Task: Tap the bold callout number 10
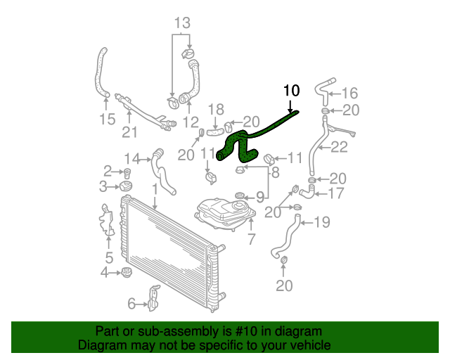point(291,90)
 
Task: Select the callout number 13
point(182,22)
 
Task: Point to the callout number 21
point(129,131)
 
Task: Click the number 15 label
point(107,119)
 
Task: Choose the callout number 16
point(349,93)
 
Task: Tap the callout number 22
point(340,147)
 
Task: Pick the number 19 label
point(321,223)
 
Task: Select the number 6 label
point(131,304)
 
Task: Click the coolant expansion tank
point(226,212)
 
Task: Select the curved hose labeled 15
point(99,74)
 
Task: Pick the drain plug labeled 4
point(127,273)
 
